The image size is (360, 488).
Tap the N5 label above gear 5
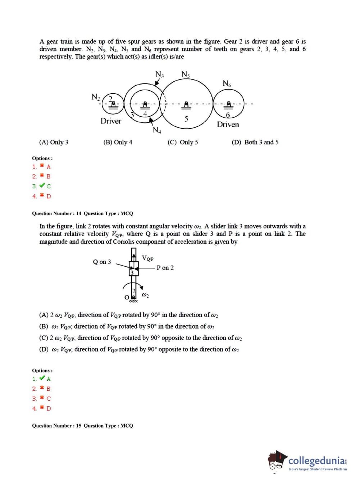pyautogui.click(x=186, y=74)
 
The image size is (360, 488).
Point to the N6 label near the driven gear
pyautogui.click(x=227, y=83)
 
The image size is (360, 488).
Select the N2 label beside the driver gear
pyautogui.click(x=95, y=97)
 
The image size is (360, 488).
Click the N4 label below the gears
pyautogui.click(x=157, y=130)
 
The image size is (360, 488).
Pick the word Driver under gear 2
pyautogui.click(x=111, y=121)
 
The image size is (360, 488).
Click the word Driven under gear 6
pyautogui.click(x=228, y=125)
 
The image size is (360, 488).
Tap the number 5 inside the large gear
pyautogui.click(x=186, y=119)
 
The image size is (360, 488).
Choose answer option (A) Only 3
pyautogui.click(x=54, y=142)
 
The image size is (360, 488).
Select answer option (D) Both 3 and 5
pyautogui.click(x=255, y=142)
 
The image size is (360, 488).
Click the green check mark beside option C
pyautogui.click(x=42, y=186)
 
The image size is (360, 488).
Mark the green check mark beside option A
pyautogui.click(x=42, y=378)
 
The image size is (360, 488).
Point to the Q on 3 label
pyautogui.click(x=102, y=262)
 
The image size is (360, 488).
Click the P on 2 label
pyautogui.click(x=165, y=268)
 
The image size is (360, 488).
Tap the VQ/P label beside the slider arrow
pyautogui.click(x=147, y=258)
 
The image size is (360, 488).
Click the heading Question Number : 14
pyautogui.click(x=57, y=213)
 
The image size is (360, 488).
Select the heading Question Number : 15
pyautogui.click(x=57, y=426)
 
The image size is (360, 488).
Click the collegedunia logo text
pyautogui.click(x=316, y=461)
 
